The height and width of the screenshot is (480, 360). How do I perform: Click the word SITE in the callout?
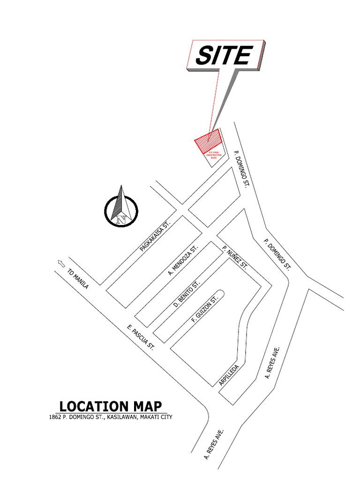pos(223,56)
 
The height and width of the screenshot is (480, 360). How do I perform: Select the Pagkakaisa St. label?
pos(153,237)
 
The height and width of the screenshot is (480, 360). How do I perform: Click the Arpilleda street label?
pos(229,375)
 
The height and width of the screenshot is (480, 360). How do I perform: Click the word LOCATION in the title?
pos(87,406)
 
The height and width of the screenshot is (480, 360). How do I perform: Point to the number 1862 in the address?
pos(55,417)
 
